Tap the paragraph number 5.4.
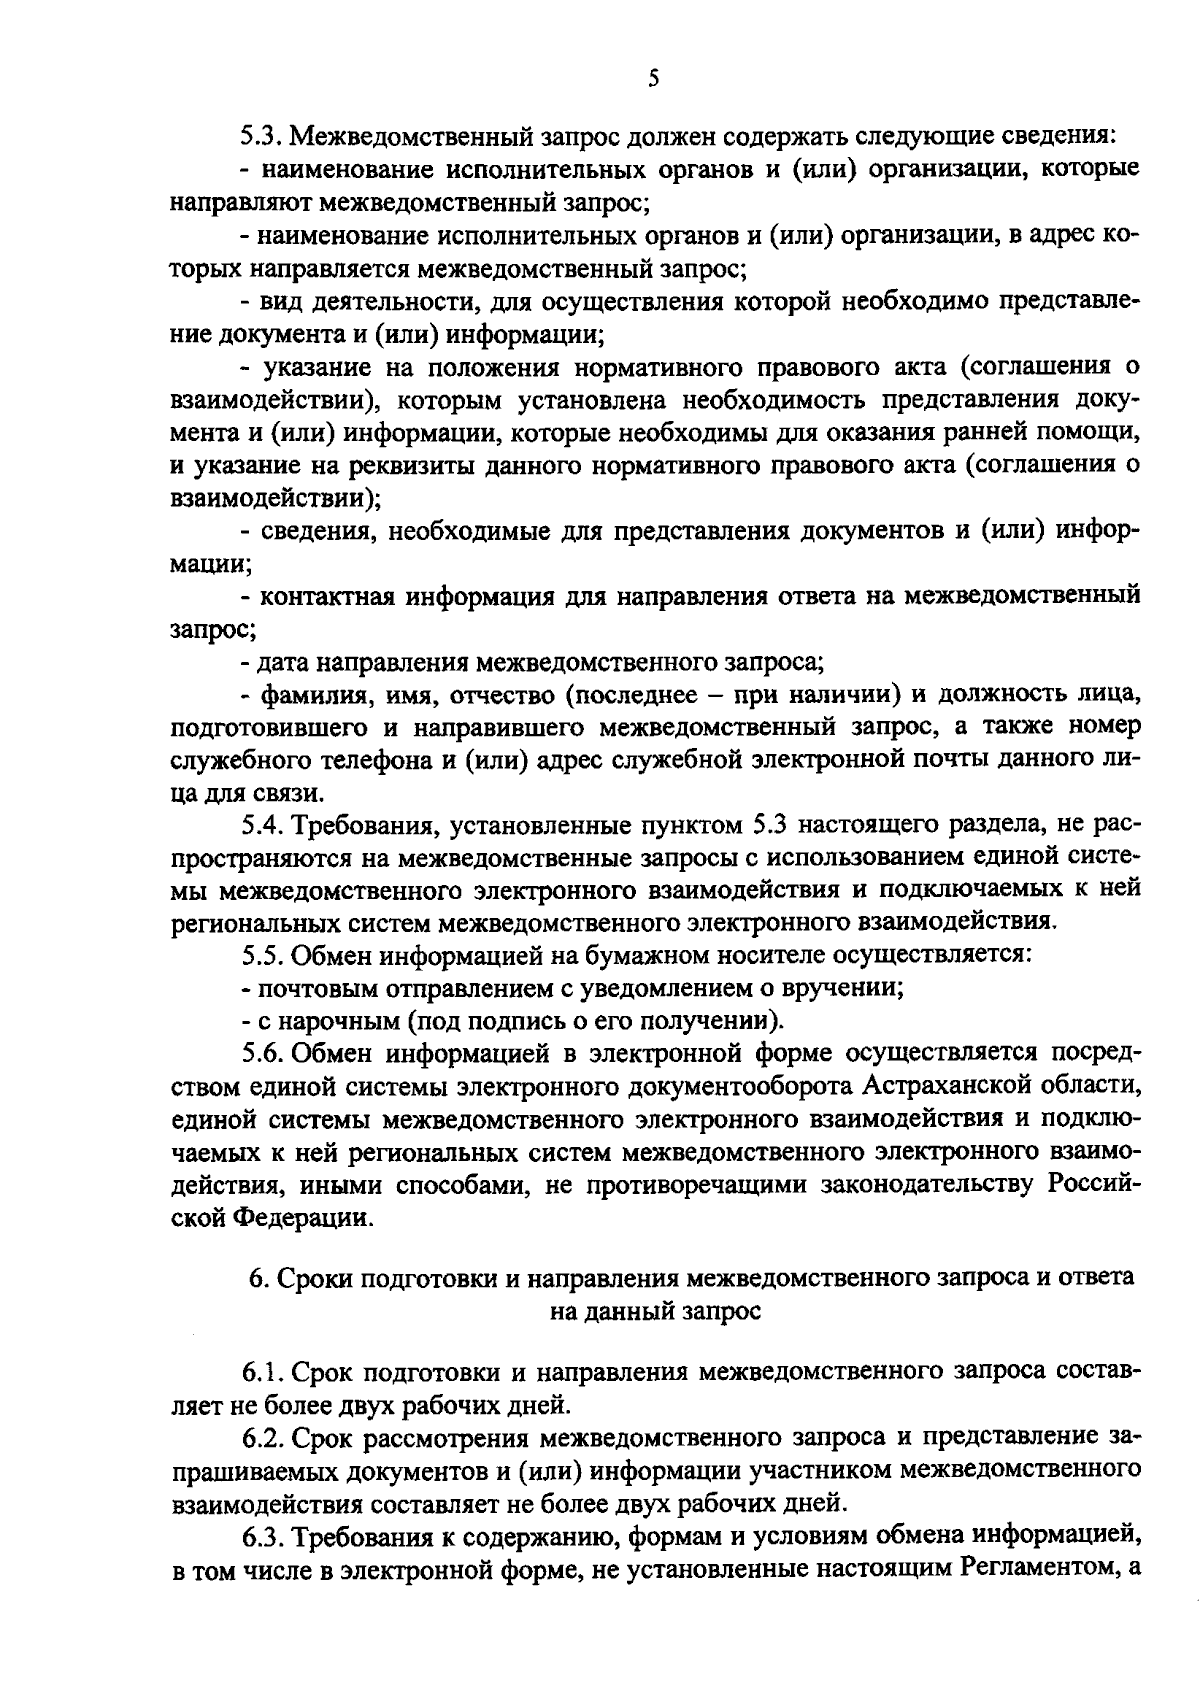pyautogui.click(x=262, y=826)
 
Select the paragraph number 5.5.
pyautogui.click(x=262, y=954)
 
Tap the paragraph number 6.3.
pyautogui.click(x=262, y=1536)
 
